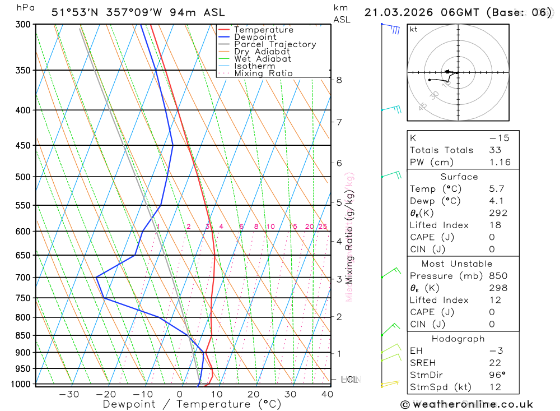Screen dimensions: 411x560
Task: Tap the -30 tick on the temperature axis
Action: (69, 394)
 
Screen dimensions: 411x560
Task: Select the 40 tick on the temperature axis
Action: (328, 394)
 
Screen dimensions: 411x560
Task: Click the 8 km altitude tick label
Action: (339, 80)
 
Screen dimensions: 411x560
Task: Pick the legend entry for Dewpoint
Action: (255, 37)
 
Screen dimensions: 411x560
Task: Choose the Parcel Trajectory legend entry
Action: (274, 44)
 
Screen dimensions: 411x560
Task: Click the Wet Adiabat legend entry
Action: (262, 59)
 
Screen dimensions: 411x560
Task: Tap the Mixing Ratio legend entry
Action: (263, 73)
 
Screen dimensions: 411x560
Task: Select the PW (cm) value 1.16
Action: (499, 163)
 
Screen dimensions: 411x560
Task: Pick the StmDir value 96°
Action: (497, 375)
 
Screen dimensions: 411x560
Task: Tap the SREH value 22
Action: (494, 363)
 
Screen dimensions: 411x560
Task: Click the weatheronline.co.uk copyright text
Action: (466, 404)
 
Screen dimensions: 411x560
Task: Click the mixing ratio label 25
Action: (323, 227)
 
